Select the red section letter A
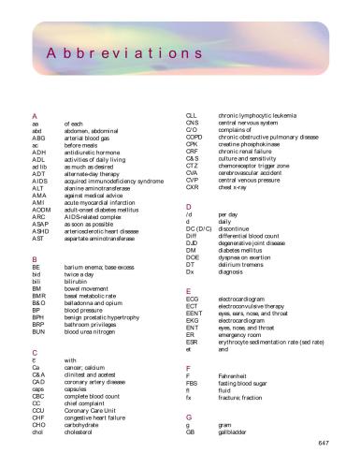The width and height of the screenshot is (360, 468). click(x=34, y=114)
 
